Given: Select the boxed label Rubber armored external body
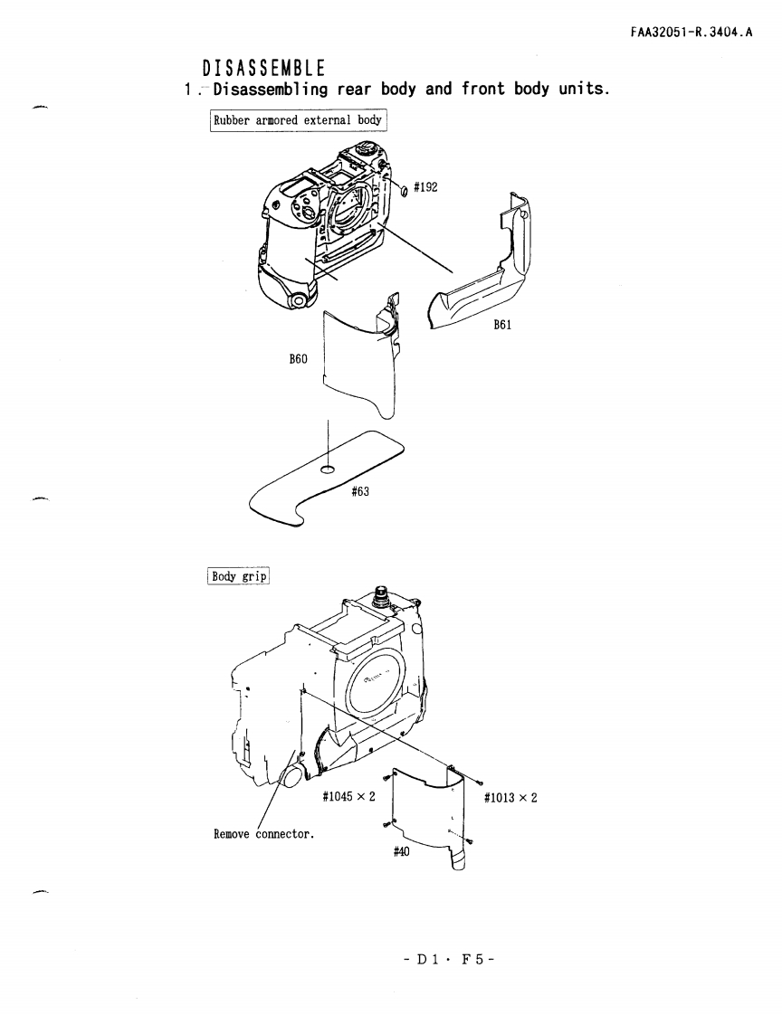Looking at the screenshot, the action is [298, 119].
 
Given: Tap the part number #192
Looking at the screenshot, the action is [426, 187].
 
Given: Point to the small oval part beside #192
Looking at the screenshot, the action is [405, 190].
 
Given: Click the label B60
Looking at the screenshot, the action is [298, 359].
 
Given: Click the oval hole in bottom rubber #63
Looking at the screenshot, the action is [328, 469].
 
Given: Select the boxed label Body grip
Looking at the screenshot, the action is [240, 575].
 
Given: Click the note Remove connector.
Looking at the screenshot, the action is [263, 833].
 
